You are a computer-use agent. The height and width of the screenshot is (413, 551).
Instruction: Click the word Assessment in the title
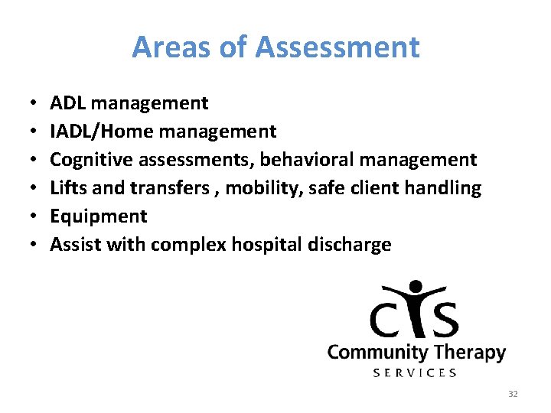337,47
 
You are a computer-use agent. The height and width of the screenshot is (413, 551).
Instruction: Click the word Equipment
98,216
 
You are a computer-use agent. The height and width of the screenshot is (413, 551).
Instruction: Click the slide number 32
513,394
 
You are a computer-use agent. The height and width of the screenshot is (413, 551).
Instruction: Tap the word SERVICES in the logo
415,372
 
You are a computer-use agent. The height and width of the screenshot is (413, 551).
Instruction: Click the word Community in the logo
377,353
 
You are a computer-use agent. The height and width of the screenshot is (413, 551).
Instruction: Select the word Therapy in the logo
469,353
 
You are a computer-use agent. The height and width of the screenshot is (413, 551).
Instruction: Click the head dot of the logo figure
416,288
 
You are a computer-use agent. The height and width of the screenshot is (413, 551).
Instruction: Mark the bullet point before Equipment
35,216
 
